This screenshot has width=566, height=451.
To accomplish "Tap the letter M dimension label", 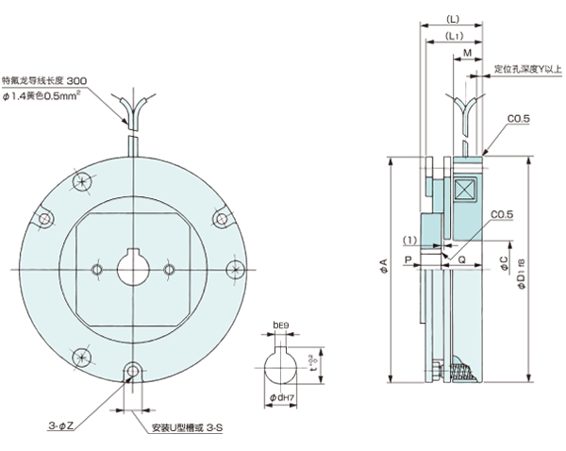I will [x=469, y=56].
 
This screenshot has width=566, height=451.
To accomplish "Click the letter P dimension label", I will [x=408, y=256].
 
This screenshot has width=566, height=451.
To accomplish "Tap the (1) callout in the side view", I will [x=410, y=240].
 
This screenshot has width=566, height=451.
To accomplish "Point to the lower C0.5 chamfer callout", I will [x=503, y=214].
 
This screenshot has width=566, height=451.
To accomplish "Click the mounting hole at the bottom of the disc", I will [x=135, y=370].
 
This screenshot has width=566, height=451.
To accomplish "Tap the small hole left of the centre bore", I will [x=98, y=270].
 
